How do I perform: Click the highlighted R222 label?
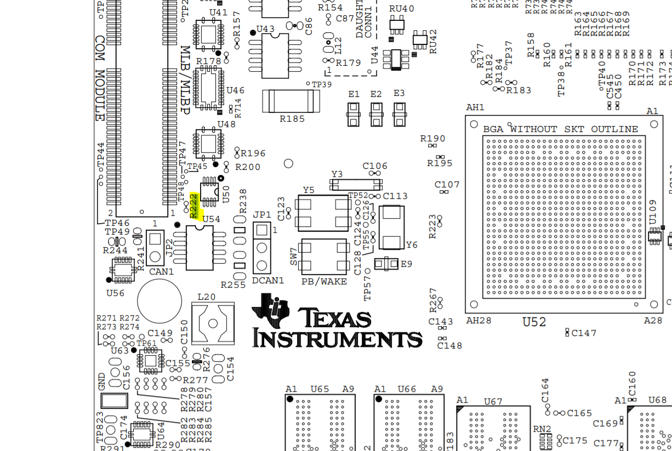coord(194,205)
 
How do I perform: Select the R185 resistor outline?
coord(291,101)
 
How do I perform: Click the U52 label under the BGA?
coord(534,322)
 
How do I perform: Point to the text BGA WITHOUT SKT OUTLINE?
coord(560,129)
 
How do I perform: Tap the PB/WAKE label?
coord(324,281)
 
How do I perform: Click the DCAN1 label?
coord(268,281)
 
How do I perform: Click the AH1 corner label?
coord(475,107)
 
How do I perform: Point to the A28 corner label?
coord(653,321)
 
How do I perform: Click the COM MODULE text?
coord(100,79)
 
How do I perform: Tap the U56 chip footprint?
coord(123,269)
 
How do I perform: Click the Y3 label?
coord(337,174)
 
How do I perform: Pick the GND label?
coord(102,381)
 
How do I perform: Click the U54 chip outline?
coord(200,248)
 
